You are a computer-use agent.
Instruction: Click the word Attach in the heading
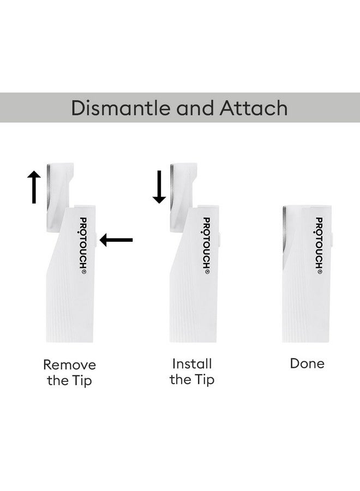[x=253, y=107]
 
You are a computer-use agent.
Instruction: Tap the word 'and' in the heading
[x=195, y=107]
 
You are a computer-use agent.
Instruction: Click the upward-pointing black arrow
[x=34, y=187]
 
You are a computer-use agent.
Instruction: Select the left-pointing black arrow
[x=116, y=239]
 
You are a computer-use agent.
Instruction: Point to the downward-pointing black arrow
[x=159, y=187]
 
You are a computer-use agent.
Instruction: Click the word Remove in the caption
[x=69, y=364]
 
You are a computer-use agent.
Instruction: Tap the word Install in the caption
[x=192, y=363]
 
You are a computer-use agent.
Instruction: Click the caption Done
[x=307, y=363]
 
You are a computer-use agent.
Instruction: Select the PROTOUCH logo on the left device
[x=83, y=245]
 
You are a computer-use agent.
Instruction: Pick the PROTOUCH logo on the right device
[x=319, y=245]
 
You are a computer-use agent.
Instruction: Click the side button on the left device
[x=97, y=239]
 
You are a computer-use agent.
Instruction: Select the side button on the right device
[x=332, y=239]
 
